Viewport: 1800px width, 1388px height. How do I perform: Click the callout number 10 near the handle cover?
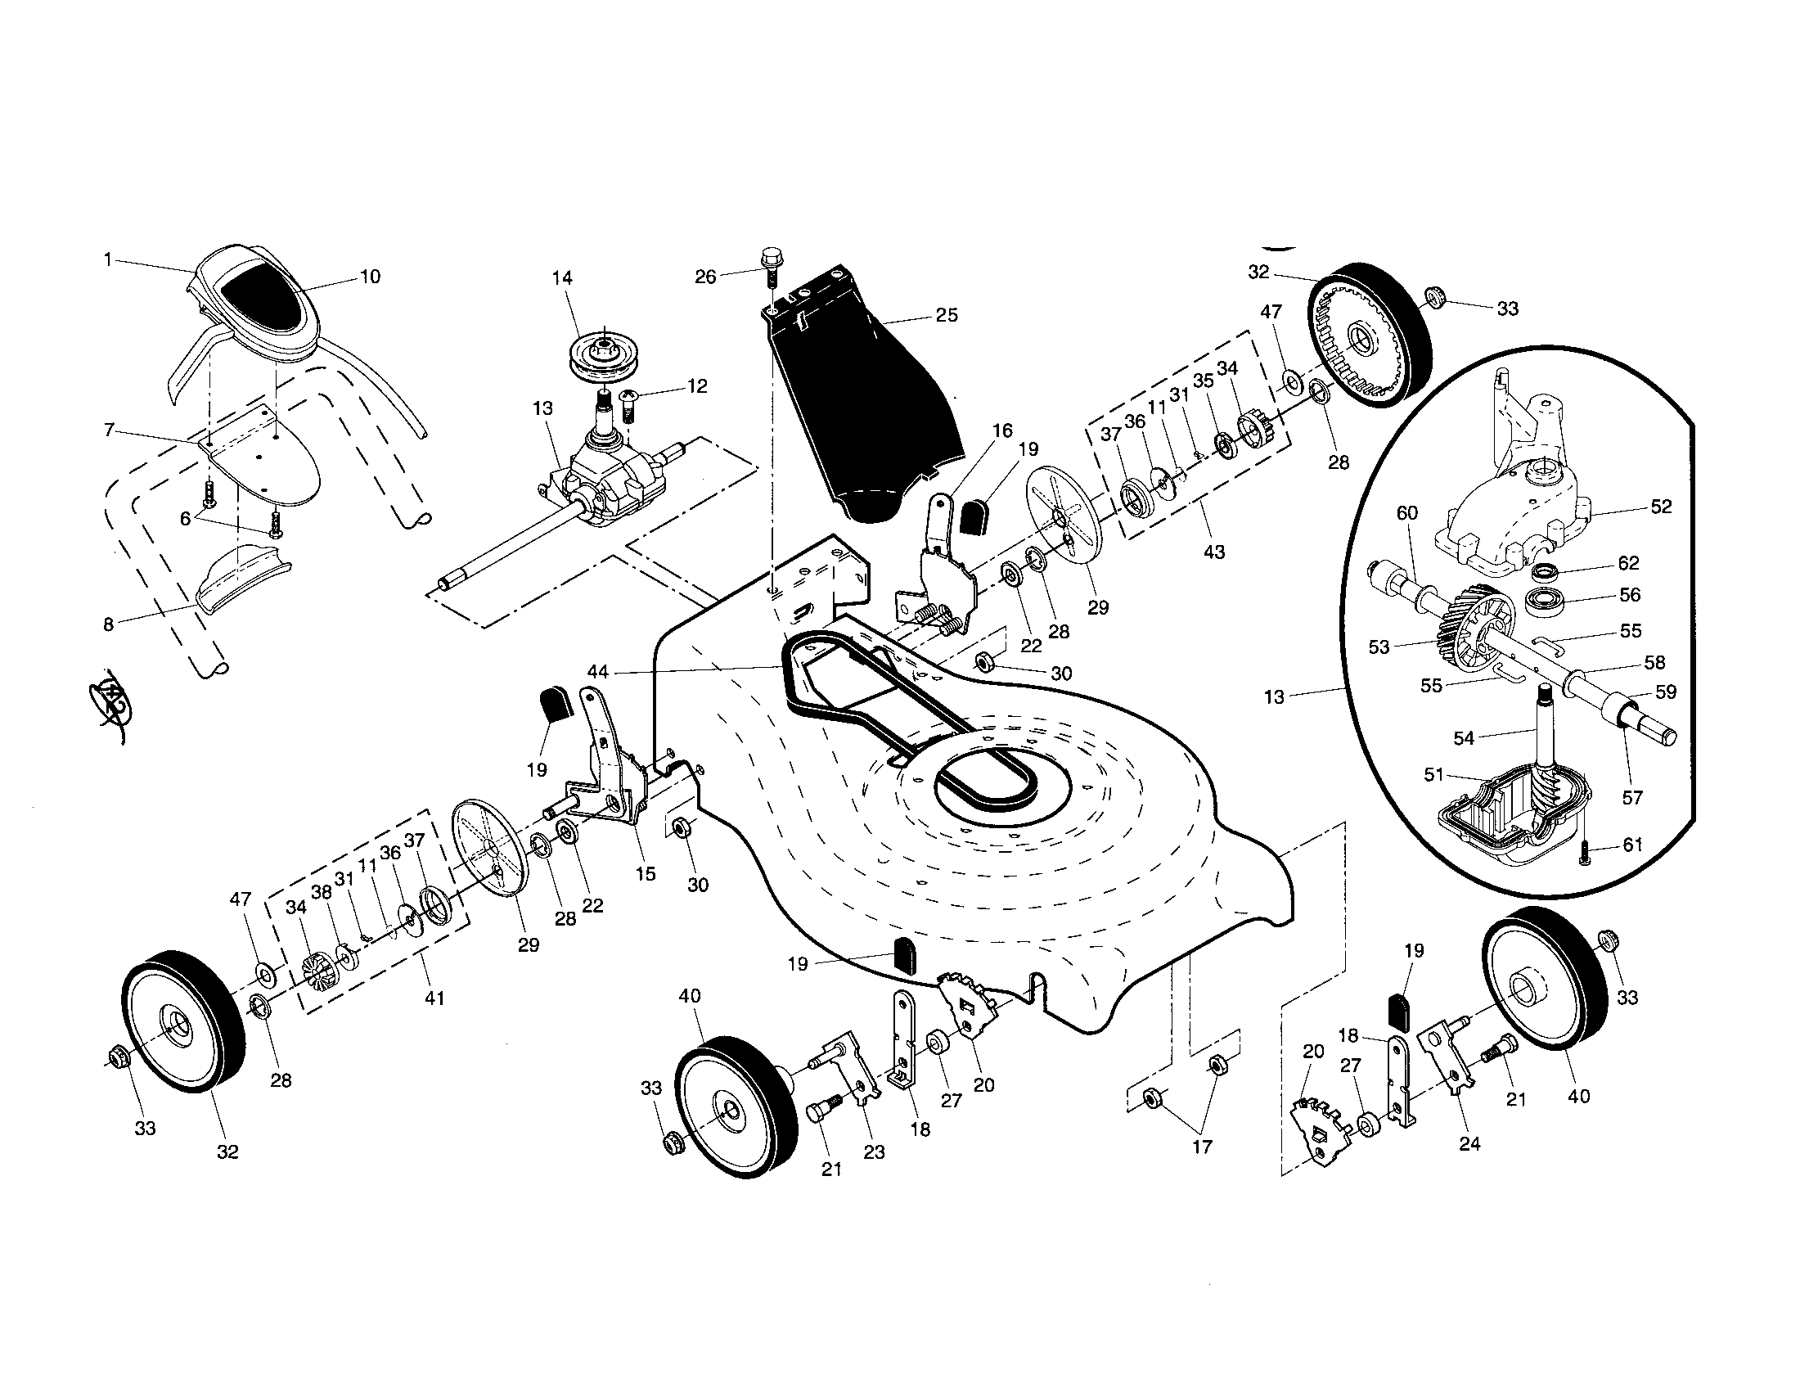pyautogui.click(x=370, y=276)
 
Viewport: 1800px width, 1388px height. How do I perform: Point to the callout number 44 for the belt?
pyautogui.click(x=597, y=672)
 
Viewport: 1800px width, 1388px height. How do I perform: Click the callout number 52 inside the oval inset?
pyautogui.click(x=1661, y=506)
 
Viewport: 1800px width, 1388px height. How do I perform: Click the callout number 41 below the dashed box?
pyautogui.click(x=434, y=998)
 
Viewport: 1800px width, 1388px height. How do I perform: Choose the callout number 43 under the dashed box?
pyautogui.click(x=1214, y=552)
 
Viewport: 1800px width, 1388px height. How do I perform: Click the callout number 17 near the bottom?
pyautogui.click(x=1203, y=1147)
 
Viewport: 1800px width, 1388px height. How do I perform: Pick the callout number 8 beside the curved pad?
pyautogui.click(x=108, y=624)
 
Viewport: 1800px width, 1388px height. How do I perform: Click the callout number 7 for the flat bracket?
pyautogui.click(x=109, y=429)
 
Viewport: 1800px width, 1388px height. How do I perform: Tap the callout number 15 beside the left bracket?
pyautogui.click(x=646, y=873)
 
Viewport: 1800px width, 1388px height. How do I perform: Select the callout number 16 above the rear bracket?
pyautogui.click(x=1002, y=430)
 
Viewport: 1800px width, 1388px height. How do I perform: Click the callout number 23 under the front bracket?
pyautogui.click(x=874, y=1152)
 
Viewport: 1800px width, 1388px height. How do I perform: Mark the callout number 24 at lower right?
pyautogui.click(x=1470, y=1143)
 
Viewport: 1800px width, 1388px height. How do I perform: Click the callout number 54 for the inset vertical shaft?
pyautogui.click(x=1463, y=738)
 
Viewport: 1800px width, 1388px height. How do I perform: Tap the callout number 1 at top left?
pyautogui.click(x=107, y=259)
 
